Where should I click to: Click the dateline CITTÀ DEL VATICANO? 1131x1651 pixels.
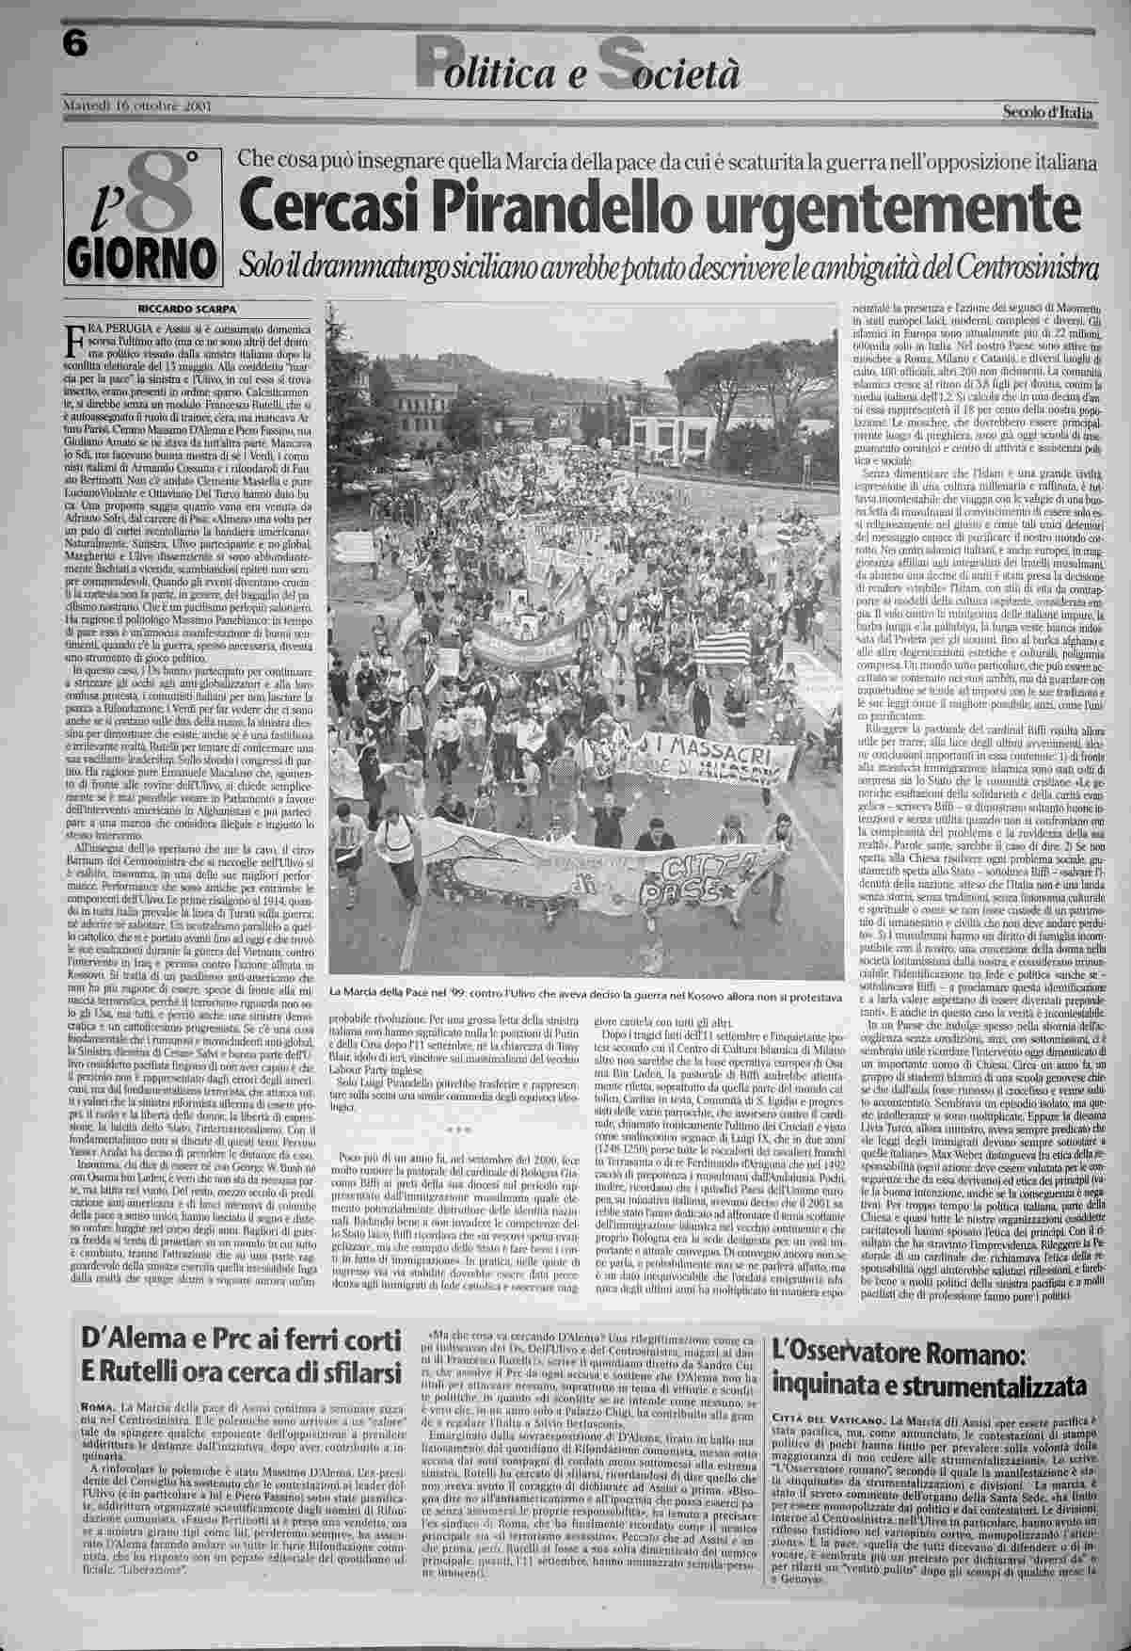827,1418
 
